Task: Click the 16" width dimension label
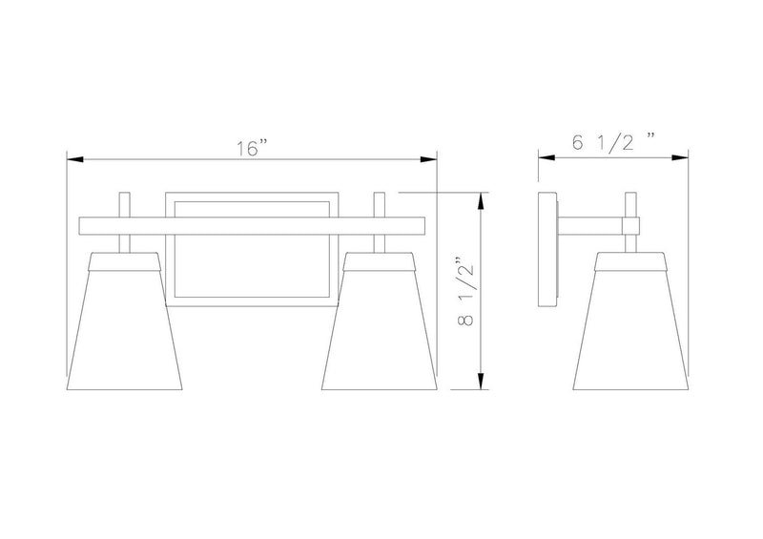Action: tap(252, 148)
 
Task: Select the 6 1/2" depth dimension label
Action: tap(612, 142)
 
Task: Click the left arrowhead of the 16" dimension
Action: tap(75, 159)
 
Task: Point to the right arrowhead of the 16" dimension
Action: tap(428, 159)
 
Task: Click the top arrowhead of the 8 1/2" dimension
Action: tap(481, 201)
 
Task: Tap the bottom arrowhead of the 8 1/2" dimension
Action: tap(481, 382)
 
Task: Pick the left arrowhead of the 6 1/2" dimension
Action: tap(546, 157)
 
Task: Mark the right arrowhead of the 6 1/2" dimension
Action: tap(680, 157)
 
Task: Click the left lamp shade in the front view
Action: tap(124, 321)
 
